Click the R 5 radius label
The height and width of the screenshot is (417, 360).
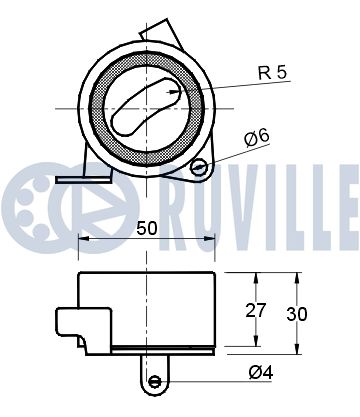point(272,73)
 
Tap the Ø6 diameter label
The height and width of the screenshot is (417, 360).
point(256,138)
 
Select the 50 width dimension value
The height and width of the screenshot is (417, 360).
point(147,228)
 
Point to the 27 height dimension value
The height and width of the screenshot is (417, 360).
point(256,310)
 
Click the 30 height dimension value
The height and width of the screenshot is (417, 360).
point(297,314)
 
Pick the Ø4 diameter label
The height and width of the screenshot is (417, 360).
point(261,372)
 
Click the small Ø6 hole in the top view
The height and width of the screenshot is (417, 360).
point(199,167)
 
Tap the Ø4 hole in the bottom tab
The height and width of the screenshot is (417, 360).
point(155,381)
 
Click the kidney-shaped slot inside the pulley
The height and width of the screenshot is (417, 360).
point(146,107)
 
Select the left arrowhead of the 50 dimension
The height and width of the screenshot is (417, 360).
point(83,238)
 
